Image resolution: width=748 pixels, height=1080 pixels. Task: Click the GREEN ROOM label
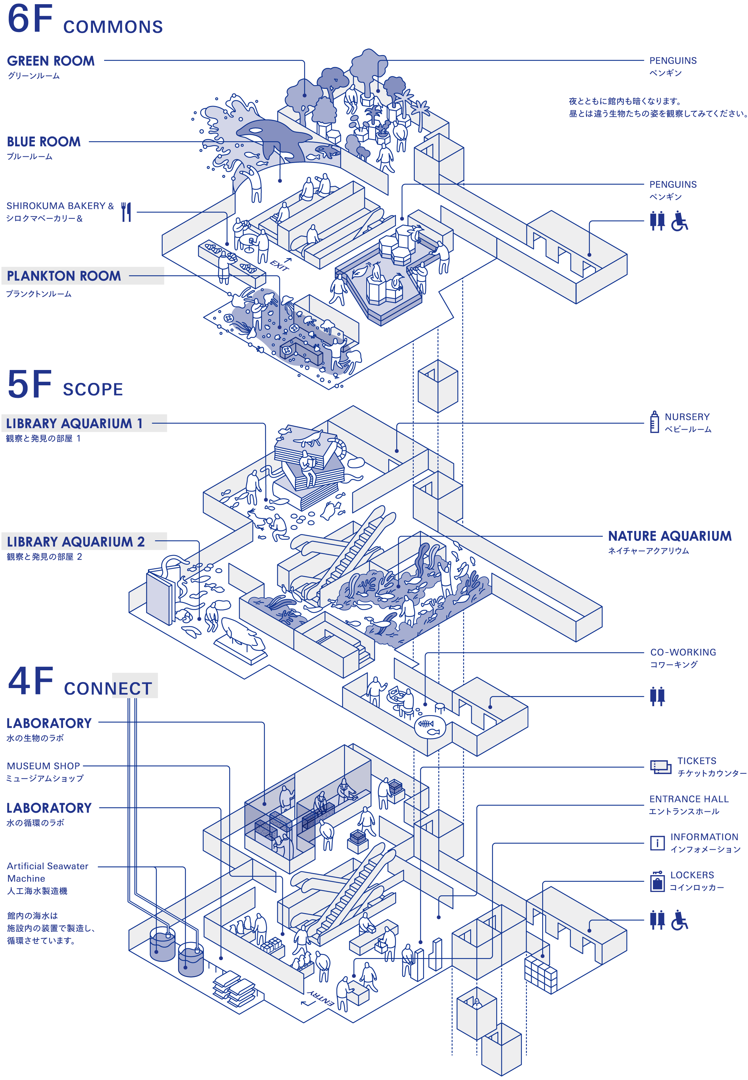coord(50,61)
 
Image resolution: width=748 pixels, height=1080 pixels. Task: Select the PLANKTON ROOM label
coord(64,276)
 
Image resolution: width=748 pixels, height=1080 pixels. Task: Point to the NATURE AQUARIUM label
coord(669,536)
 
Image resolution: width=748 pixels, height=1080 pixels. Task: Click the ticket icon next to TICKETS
coord(660,767)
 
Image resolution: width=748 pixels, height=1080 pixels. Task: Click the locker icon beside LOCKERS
coord(657,882)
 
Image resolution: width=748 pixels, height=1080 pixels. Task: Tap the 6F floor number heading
coord(30,20)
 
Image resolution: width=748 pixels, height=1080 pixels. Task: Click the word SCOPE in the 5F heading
coord(93,390)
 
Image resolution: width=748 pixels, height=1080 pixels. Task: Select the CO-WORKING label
coord(683,653)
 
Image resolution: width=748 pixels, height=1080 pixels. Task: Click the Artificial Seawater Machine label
coord(47,872)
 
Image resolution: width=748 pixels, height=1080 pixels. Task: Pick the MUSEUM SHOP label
coord(43,766)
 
